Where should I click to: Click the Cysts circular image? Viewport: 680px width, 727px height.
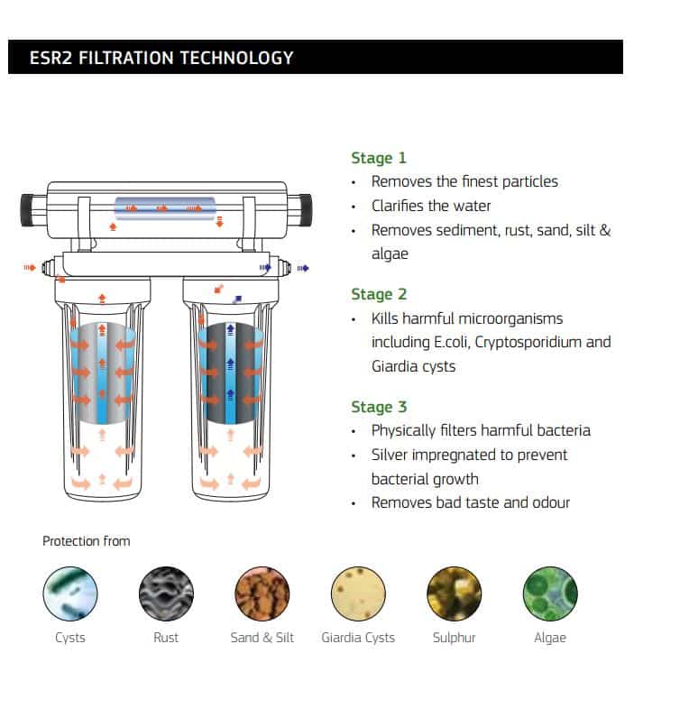(70, 594)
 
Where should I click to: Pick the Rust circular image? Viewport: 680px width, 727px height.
(166, 594)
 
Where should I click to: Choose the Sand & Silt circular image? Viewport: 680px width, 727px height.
(262, 594)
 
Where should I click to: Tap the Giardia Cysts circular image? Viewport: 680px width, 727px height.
(358, 594)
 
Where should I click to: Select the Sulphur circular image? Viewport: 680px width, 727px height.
(454, 594)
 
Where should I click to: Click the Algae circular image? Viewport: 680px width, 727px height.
(550, 594)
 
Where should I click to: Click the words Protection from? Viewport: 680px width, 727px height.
(87, 541)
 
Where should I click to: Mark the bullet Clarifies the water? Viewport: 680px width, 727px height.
(431, 206)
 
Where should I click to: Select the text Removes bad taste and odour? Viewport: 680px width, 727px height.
(470, 502)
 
